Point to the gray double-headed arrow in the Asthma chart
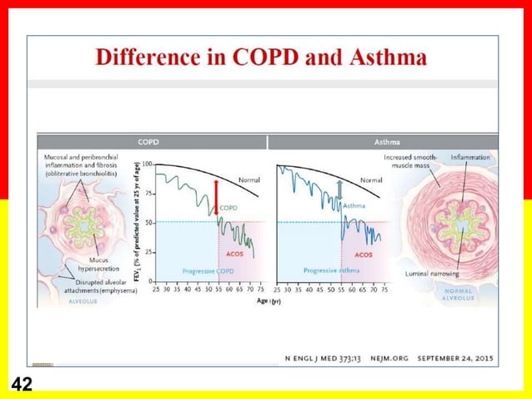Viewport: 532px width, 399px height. pos(339,193)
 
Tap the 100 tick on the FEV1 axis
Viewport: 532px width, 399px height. pos(147,164)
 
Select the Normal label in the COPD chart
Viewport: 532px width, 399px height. pos(249,180)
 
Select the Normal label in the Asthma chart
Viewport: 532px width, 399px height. pos(371,180)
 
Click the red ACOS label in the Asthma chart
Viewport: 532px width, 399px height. pos(364,255)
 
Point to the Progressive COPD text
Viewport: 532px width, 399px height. pos(208,271)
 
